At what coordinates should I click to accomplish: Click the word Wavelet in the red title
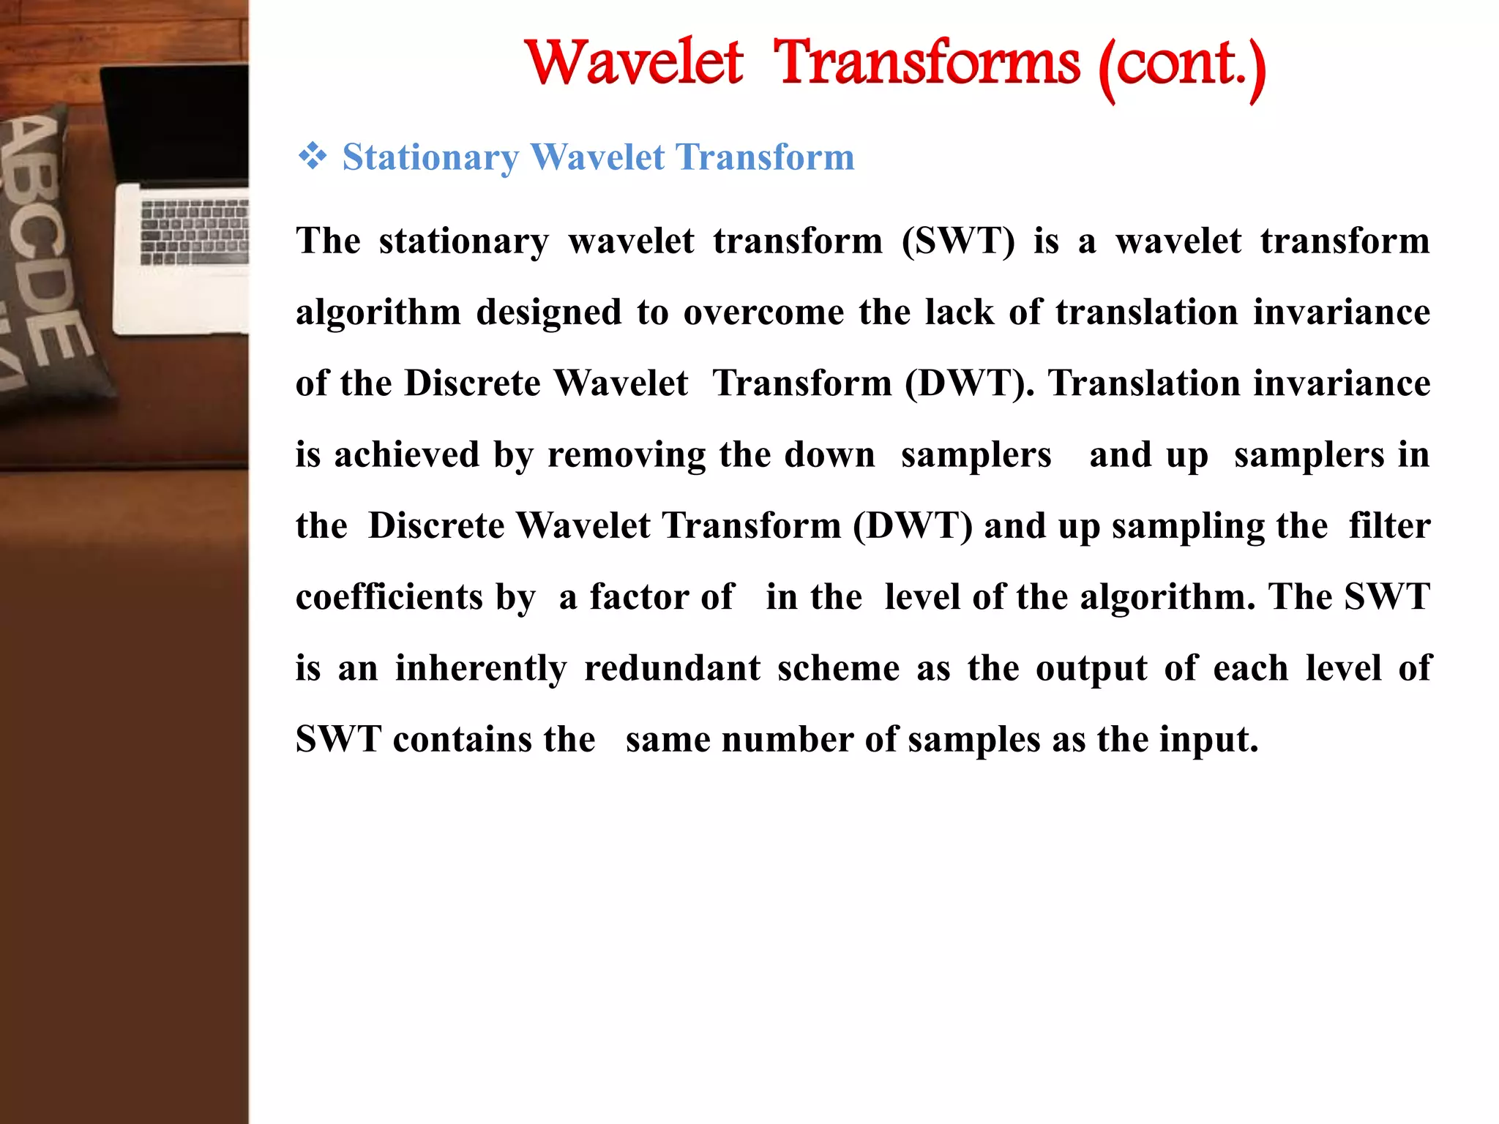click(635, 63)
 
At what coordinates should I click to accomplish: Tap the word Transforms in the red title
click(926, 63)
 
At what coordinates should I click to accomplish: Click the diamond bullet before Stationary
click(313, 157)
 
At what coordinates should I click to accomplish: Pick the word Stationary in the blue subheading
click(430, 158)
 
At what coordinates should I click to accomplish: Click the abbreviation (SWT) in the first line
click(958, 241)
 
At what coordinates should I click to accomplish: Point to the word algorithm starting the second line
click(378, 312)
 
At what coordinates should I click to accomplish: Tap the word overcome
click(763, 312)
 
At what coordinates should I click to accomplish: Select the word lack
click(959, 312)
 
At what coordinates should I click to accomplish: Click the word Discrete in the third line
click(472, 383)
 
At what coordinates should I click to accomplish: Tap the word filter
click(1388, 525)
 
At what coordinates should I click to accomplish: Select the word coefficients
click(389, 596)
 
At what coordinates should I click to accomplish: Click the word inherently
click(481, 667)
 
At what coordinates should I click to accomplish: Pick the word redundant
click(672, 667)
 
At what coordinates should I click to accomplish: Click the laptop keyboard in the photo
click(194, 231)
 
